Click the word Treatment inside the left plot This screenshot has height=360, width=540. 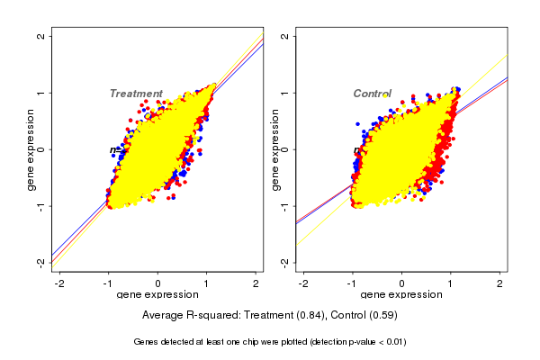[136, 94]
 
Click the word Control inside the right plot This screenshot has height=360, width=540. [372, 94]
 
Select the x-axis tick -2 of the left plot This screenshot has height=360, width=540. [59, 283]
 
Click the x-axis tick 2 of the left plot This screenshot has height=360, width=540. [256, 283]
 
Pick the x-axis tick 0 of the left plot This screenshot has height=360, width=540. [158, 283]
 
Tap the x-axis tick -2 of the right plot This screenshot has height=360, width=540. [303, 283]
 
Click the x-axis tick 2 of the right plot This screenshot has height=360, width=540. [499, 283]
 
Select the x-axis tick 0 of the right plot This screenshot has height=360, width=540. [402, 283]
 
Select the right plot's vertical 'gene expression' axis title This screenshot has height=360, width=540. [275, 149]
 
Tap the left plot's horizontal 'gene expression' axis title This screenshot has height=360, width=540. [158, 295]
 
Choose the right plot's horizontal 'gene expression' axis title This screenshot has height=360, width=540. [402, 295]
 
